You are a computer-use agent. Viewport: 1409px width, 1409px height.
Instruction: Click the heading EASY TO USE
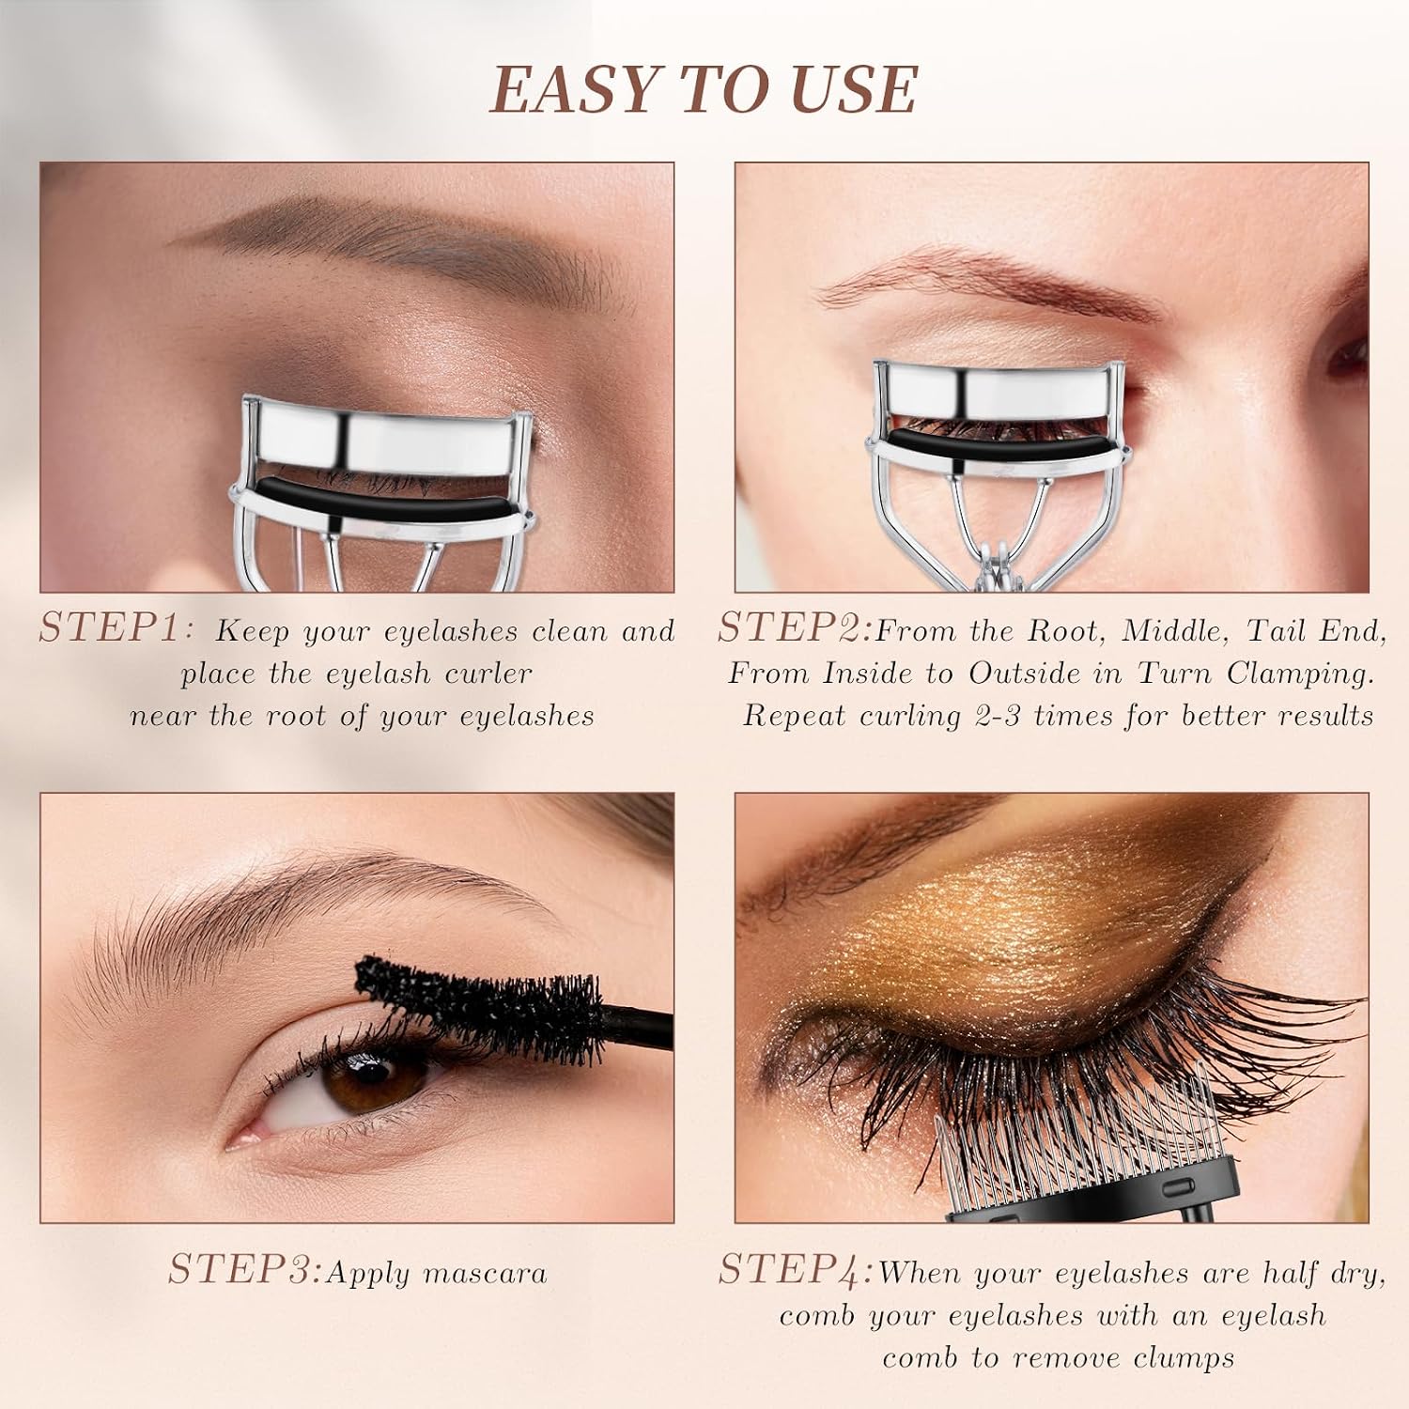[x=704, y=90]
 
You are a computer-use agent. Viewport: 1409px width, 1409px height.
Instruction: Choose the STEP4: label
[x=796, y=1271]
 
